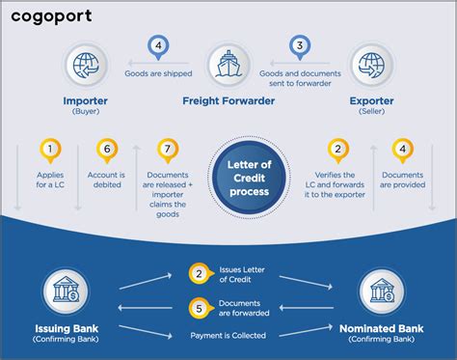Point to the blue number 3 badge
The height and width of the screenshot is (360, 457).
pos(301,44)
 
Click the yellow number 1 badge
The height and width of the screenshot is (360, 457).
pos(49,151)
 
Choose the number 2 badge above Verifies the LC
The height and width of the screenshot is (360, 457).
pos(336,151)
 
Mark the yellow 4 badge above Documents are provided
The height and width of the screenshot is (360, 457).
pos(400,151)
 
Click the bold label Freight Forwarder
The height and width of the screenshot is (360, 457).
pos(228,99)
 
